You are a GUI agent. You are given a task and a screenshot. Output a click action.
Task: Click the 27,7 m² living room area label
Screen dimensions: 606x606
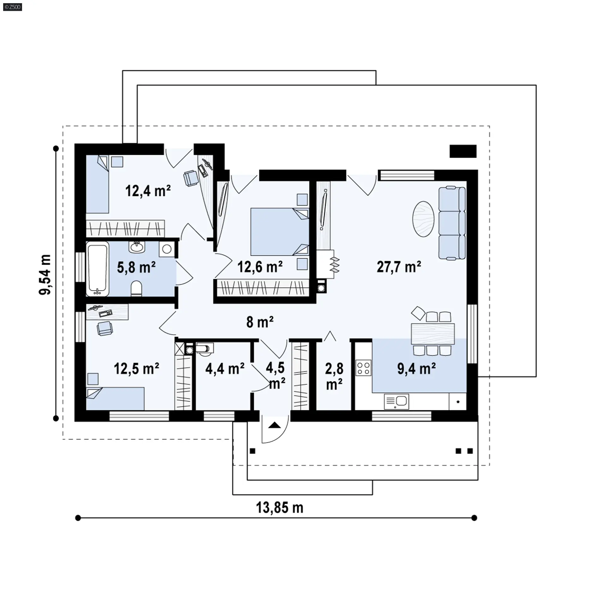tap(399, 267)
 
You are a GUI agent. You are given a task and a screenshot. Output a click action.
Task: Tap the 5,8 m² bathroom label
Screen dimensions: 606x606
tap(136, 267)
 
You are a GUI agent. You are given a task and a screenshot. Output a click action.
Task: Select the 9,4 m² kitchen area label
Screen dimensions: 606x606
tap(417, 369)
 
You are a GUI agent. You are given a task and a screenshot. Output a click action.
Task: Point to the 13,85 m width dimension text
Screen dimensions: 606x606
tap(280, 508)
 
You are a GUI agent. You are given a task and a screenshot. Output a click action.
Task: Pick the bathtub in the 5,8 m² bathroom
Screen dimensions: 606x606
tap(98, 269)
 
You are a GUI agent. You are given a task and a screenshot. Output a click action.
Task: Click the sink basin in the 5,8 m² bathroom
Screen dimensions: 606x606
tap(137, 247)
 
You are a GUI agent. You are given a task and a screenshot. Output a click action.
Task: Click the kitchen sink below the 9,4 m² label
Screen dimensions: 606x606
tap(396, 401)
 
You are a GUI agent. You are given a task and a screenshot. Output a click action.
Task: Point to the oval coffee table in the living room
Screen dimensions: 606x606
tap(423, 219)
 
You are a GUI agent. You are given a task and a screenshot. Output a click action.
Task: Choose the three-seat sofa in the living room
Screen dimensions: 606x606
tap(452, 223)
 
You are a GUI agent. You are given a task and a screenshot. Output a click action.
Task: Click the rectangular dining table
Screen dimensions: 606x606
tap(433, 334)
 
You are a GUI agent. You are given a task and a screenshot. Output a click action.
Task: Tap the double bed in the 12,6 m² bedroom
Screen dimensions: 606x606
tap(280, 232)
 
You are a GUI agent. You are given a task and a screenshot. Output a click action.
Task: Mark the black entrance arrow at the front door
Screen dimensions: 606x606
tap(275, 425)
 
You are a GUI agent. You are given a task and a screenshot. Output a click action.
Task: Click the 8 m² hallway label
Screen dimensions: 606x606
tap(260, 322)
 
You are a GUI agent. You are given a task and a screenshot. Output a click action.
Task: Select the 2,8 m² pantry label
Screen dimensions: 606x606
tap(334, 377)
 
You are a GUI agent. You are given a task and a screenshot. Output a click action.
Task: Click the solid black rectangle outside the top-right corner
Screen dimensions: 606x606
tap(463, 151)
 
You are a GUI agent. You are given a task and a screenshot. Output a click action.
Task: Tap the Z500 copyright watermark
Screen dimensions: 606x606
tap(13, 7)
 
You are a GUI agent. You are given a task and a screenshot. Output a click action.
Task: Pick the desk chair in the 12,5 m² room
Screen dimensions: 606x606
tap(104, 328)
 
